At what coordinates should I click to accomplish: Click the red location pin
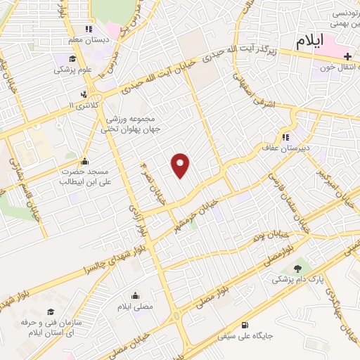181,165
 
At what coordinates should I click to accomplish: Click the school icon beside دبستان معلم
88,29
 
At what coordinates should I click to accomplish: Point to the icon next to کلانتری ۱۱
84,94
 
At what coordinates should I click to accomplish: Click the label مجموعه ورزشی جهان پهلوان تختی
137,124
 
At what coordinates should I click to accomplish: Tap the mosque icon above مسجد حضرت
85,160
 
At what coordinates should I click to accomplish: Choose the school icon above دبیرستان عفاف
285,137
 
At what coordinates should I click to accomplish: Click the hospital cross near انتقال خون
348,56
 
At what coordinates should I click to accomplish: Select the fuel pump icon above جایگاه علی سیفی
244,326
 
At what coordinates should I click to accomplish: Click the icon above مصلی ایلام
134,295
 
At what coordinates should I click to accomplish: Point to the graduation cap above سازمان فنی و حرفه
50,312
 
